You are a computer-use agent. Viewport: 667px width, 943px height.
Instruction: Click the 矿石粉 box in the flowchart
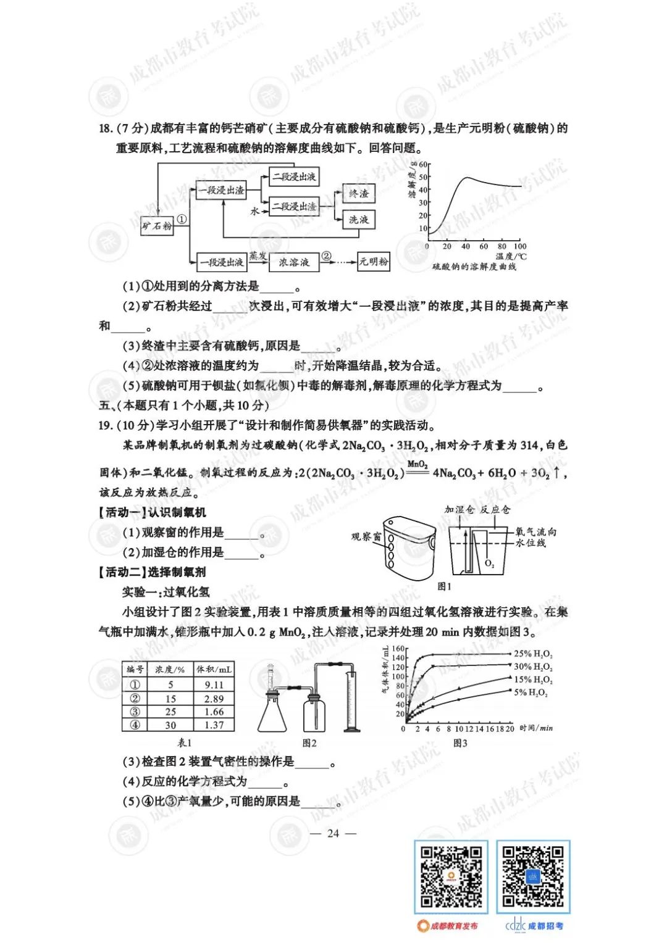point(157,226)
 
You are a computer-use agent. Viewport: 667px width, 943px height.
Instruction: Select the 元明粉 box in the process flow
point(374,262)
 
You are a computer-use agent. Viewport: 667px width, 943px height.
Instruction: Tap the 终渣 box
point(358,194)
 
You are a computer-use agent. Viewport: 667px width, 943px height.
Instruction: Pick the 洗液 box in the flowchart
point(358,219)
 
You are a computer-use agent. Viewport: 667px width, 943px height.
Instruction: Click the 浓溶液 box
point(294,262)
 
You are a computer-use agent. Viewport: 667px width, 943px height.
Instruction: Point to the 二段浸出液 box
point(294,177)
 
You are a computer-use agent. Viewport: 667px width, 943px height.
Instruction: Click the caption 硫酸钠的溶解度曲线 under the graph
point(474,267)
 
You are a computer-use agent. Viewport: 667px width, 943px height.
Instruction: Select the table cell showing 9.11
point(214,684)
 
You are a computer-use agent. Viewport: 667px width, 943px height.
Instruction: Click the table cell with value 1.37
point(214,725)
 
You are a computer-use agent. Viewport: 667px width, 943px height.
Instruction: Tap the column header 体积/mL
point(214,670)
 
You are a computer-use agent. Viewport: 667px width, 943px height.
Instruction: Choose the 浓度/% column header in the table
point(170,670)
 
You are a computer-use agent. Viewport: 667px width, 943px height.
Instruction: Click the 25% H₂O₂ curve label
point(533,654)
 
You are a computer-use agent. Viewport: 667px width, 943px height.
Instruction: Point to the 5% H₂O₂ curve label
point(531,692)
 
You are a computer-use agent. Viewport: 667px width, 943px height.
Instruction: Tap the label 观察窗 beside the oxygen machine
point(366,536)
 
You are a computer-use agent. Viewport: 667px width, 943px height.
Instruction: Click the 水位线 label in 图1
point(531,543)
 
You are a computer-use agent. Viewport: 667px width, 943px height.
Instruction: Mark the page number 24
point(333,833)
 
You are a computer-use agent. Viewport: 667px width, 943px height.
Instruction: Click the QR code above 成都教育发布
point(451,876)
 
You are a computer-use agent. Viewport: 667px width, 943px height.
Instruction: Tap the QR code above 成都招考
point(533,876)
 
